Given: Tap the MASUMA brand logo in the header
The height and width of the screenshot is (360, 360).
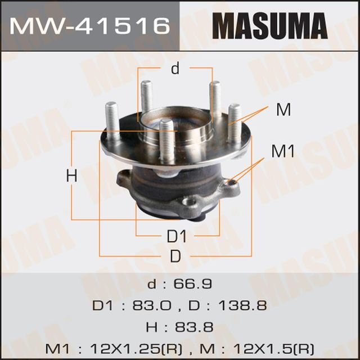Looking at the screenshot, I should pos(269,26).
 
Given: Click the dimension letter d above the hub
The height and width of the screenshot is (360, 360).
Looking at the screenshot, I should pos(175,69).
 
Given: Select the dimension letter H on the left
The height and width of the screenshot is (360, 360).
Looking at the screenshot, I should pos(71,176).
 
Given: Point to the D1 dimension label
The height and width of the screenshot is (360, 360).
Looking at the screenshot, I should pos(177,236).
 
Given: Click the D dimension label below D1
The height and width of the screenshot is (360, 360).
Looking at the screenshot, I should pos(175,256).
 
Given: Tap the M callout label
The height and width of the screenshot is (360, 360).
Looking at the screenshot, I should pos(283,110).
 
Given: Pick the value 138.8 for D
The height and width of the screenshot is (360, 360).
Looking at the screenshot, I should pos(244,305).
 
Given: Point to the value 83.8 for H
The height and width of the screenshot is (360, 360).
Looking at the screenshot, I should pos(195,327).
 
